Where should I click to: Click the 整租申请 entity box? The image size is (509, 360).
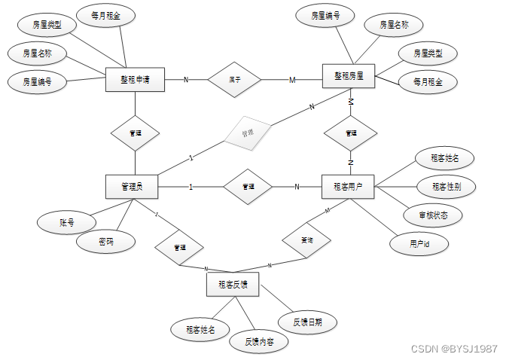pos(136,79)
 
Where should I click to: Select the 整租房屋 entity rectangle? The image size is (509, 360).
pos(349,76)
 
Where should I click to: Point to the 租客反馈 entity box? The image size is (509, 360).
pos(233,285)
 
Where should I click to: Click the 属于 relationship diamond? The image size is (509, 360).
pos(234,78)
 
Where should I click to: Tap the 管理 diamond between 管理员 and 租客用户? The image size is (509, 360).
pos(247,186)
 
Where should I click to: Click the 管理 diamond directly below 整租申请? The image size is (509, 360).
pos(135,133)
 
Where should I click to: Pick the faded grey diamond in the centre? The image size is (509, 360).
pos(248,133)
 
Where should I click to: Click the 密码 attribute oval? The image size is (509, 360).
pos(106,242)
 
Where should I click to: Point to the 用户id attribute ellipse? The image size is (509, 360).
pos(418,244)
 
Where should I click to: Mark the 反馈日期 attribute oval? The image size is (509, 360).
pos(308,322)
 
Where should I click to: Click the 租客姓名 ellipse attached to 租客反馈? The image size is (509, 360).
pos(200,328)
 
